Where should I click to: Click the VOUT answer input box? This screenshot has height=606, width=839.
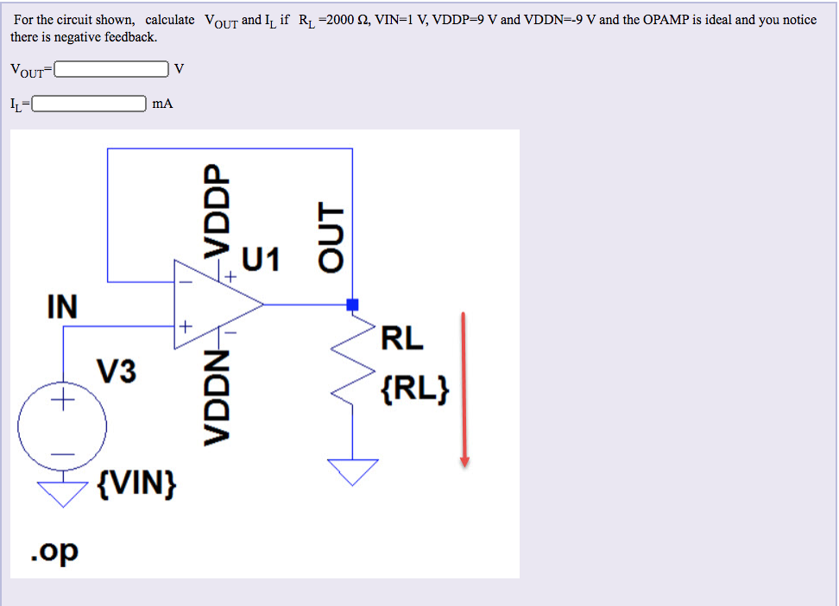111,68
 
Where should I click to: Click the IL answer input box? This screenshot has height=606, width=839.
89,104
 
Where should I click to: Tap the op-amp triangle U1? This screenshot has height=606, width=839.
211,305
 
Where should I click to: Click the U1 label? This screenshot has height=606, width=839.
261,259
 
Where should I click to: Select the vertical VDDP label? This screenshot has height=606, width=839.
217,207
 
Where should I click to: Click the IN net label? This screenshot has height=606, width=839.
61,306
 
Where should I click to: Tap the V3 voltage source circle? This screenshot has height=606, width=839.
63,426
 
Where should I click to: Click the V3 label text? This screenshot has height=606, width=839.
116,372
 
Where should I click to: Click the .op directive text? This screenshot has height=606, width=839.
54,549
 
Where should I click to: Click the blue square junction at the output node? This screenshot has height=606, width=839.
352,305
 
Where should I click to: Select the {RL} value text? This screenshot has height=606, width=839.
414,390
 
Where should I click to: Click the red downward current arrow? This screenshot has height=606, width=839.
464,388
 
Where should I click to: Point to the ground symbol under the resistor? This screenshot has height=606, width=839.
352,470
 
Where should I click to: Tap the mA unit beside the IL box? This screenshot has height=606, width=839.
162,104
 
